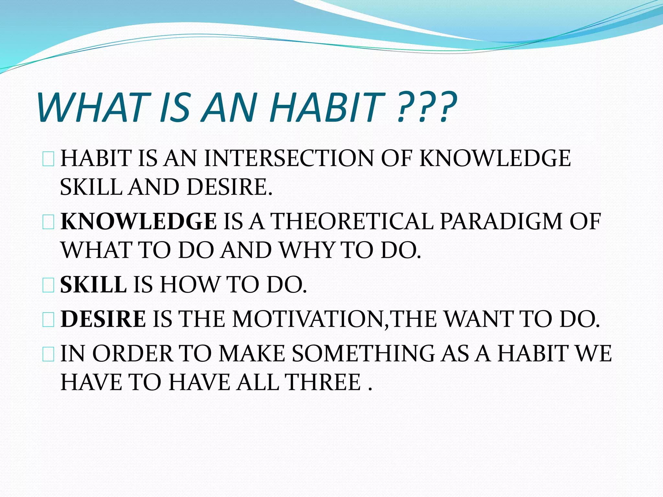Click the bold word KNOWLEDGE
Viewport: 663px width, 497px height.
(x=139, y=222)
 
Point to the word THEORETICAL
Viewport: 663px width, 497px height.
(x=352, y=222)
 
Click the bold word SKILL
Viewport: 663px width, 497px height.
(x=93, y=285)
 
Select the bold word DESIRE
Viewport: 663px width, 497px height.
(x=103, y=319)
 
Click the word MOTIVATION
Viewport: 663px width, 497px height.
(x=308, y=319)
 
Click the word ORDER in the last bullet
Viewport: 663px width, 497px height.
(x=133, y=353)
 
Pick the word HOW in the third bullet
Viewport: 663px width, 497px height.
(x=189, y=285)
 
